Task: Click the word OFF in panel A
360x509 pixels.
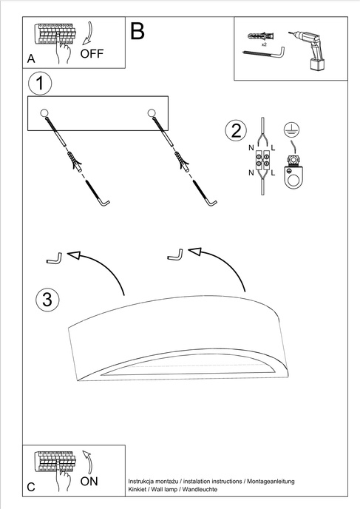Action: [x=93, y=53]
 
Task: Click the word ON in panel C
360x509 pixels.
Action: [x=89, y=481]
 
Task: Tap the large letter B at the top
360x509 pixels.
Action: [x=137, y=31]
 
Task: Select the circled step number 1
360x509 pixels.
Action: [x=41, y=83]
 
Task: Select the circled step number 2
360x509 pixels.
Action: [x=236, y=132]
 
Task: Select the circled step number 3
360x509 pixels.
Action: [x=47, y=300]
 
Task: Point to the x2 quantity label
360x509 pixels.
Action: [x=263, y=44]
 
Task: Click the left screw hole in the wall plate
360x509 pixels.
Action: [x=44, y=112]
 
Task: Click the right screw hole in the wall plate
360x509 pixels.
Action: [x=152, y=112]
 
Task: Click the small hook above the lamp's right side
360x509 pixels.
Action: [x=175, y=255]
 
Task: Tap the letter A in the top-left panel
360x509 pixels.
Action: [x=31, y=58]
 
